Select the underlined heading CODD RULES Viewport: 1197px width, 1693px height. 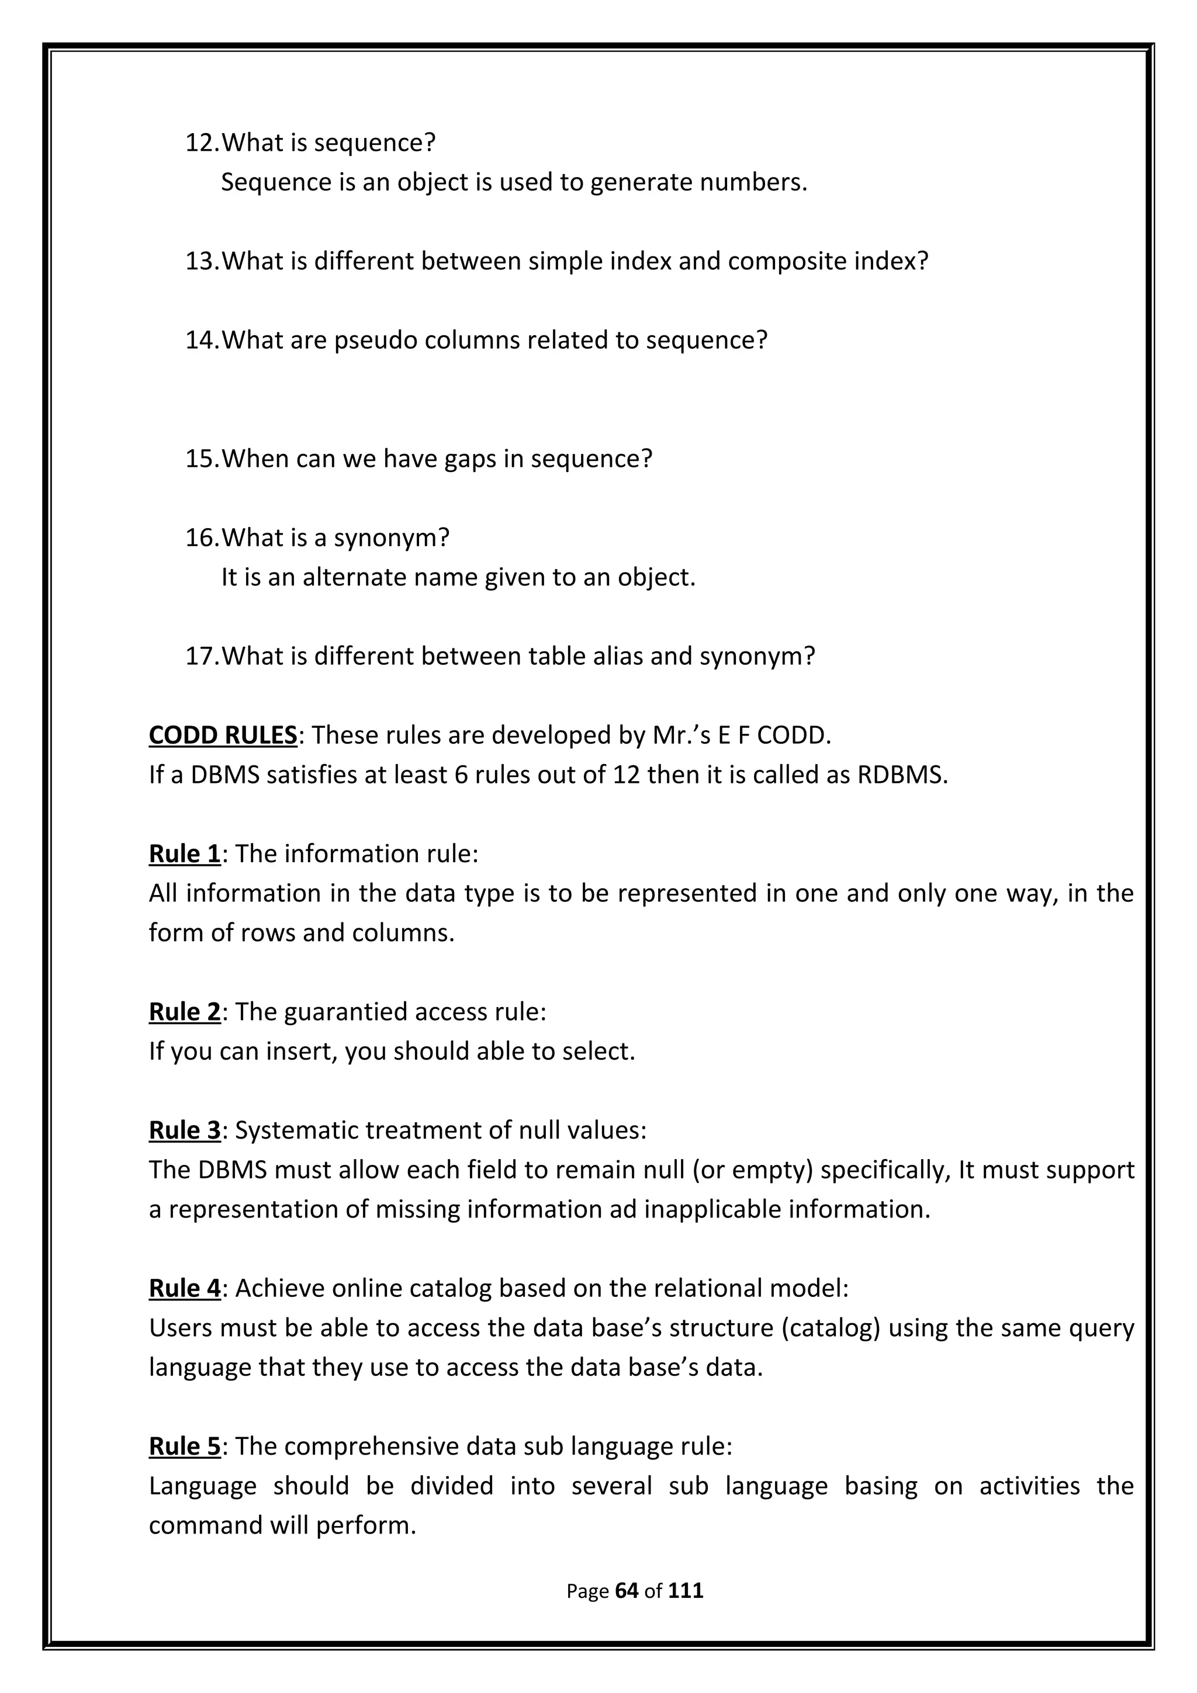223,735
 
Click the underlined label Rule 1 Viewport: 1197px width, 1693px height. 184,854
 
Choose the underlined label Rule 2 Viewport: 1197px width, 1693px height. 184,1012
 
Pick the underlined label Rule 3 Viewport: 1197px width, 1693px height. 184,1130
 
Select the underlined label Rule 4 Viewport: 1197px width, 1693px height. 184,1288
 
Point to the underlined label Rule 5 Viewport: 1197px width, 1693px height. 184,1446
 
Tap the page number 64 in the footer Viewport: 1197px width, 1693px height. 625,1591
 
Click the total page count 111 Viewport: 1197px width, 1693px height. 686,1591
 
